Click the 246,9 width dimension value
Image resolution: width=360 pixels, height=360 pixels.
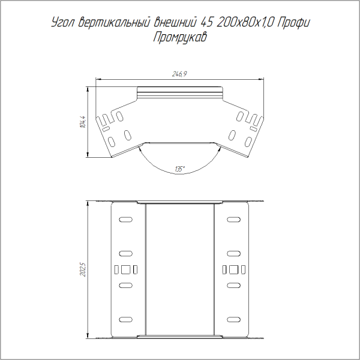(180, 74)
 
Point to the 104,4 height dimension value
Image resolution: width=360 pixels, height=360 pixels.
(83, 122)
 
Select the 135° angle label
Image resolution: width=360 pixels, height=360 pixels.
(180, 169)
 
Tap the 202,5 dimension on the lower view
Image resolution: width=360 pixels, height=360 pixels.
(83, 268)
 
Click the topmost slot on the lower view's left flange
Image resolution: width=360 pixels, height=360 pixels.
(125, 220)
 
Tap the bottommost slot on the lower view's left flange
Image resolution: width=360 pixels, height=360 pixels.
(125, 318)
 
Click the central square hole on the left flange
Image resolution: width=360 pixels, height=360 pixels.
(125, 268)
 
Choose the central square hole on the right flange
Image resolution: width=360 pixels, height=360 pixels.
(234, 268)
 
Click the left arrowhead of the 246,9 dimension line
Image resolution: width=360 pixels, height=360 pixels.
(99, 79)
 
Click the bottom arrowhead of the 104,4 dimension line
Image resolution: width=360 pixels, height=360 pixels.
(88, 157)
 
